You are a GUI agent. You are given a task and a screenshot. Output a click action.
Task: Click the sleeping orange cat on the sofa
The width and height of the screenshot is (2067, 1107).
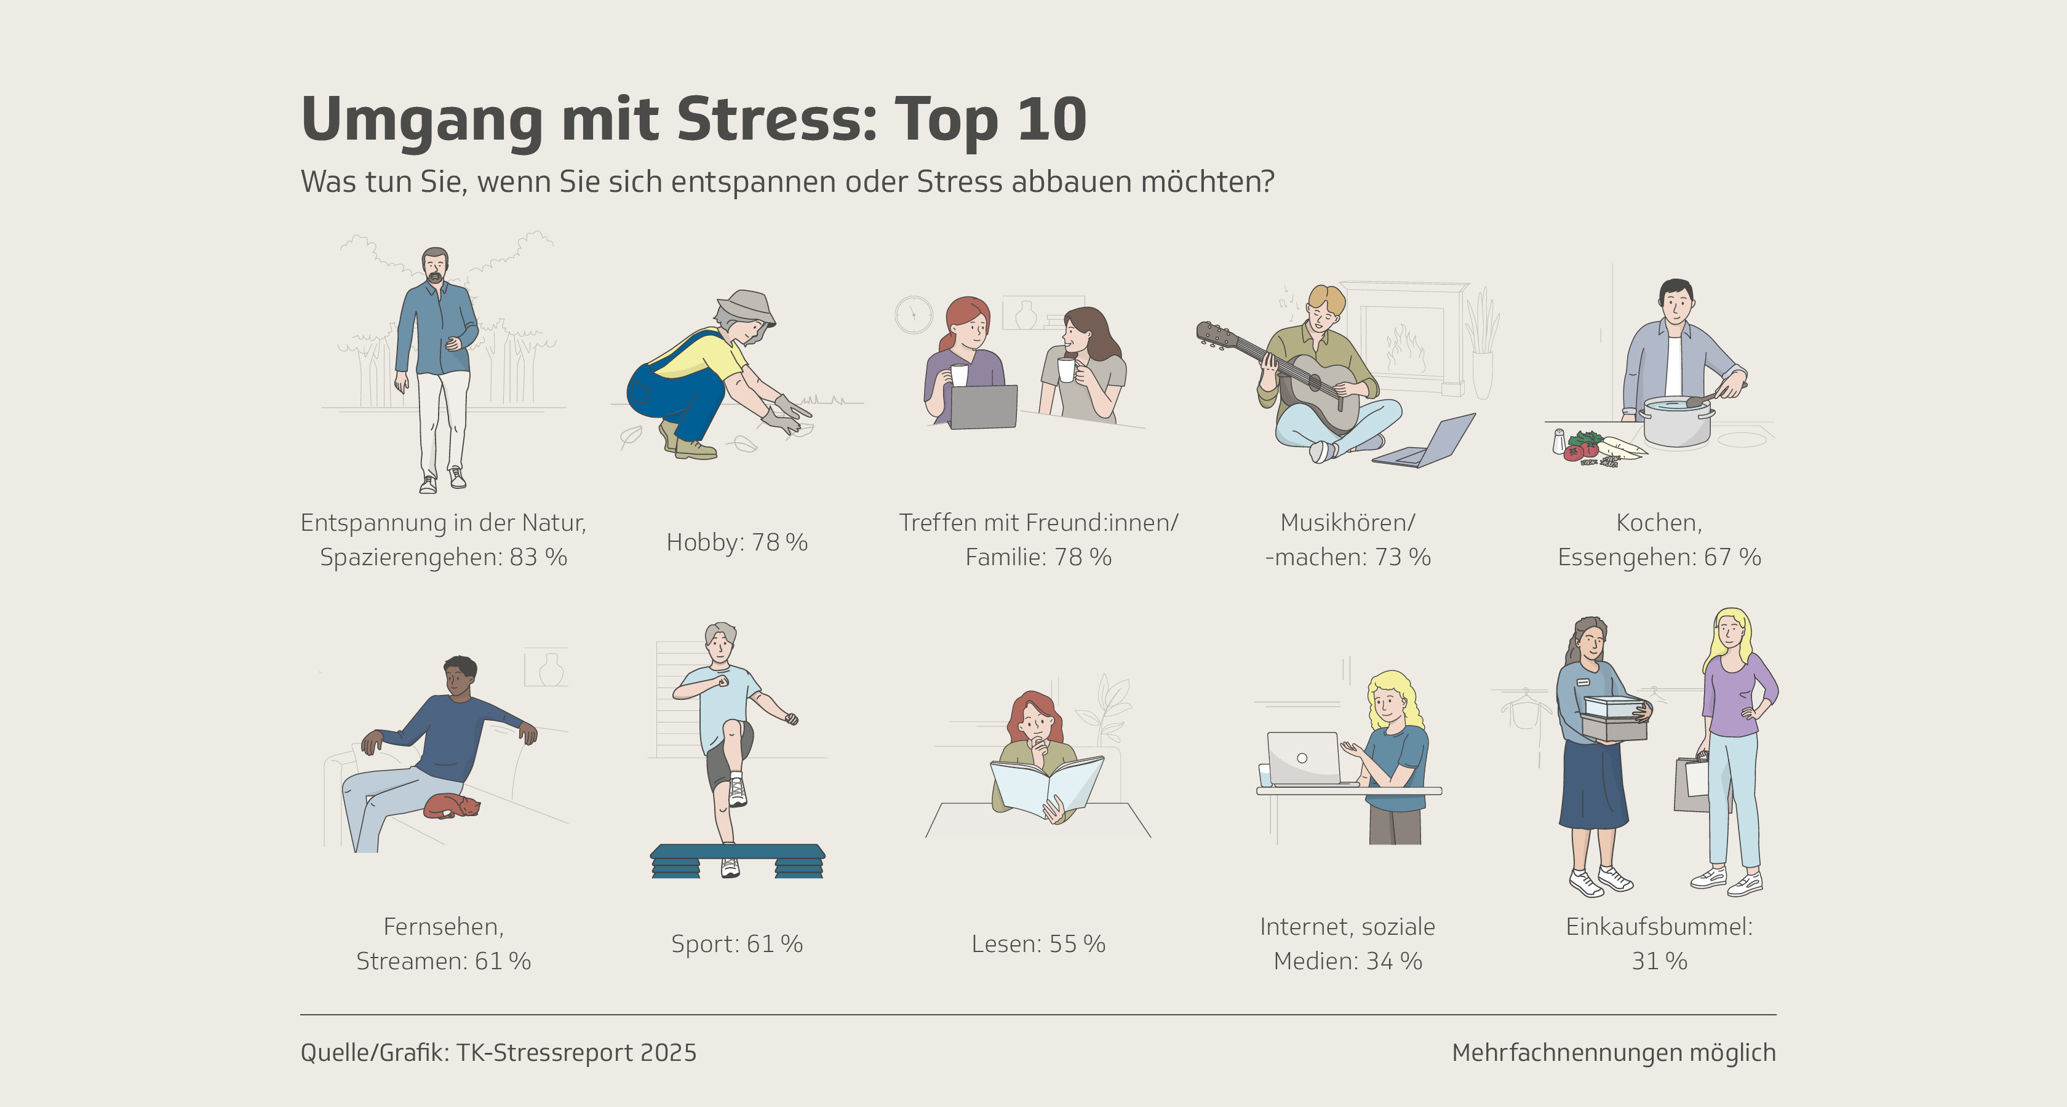pos(452,806)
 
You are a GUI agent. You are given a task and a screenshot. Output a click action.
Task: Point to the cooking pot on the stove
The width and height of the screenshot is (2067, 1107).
pos(1677,421)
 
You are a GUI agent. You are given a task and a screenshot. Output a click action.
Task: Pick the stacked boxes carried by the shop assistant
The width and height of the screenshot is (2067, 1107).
pos(1614,718)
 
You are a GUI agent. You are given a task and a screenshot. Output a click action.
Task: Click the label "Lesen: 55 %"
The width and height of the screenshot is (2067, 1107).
pos(1038,943)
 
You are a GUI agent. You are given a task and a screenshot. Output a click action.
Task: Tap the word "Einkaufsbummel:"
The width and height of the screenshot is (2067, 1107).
pos(1659,927)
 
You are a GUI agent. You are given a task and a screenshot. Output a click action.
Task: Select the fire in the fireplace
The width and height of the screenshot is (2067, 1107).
pos(1404,349)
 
